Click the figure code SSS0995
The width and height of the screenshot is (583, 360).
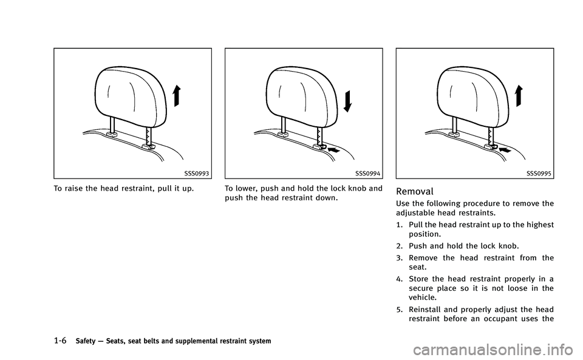coord(540,174)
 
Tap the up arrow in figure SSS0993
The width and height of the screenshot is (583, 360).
coord(176,97)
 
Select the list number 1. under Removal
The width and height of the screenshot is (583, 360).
coord(400,225)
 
